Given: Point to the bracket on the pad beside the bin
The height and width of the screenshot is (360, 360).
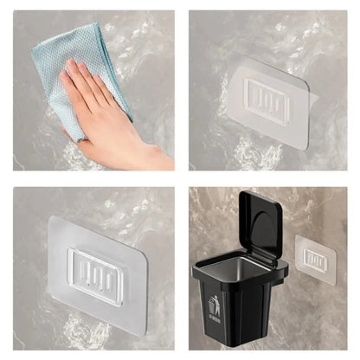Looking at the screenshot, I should point(316,259).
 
